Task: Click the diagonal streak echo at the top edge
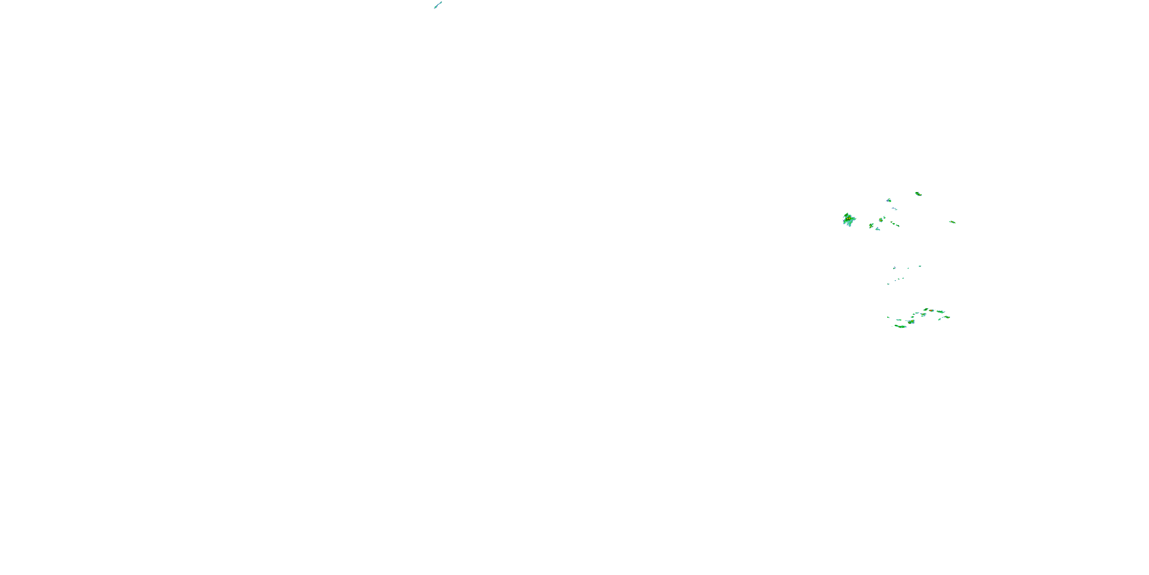438,5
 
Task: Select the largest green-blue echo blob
849,220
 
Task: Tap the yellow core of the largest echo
848,219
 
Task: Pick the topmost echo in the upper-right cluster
919,194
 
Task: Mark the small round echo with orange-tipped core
881,220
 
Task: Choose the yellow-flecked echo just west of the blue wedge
871,226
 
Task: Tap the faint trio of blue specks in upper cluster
895,209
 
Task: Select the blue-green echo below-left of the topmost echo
889,201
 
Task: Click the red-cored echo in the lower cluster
931,311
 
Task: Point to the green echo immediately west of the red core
926,309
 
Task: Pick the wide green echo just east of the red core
941,312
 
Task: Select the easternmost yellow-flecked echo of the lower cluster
948,317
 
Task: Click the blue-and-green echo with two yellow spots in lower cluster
912,322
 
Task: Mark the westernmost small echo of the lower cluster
889,317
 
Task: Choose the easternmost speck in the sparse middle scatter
920,266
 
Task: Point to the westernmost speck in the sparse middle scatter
889,284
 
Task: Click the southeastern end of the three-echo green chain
898,226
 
